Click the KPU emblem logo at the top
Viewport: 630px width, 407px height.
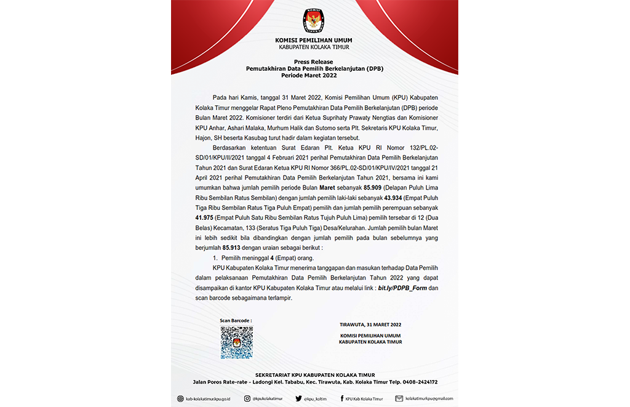(314, 21)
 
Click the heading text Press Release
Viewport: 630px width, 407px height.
(314, 62)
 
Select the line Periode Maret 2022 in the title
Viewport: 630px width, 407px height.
(314, 75)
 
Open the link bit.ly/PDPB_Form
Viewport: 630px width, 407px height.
(402, 288)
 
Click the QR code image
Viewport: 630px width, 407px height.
(237, 342)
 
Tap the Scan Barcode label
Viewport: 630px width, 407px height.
(236, 321)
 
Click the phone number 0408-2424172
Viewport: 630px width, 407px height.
(420, 382)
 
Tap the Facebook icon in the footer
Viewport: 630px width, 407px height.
(342, 398)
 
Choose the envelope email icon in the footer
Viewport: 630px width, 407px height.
(399, 398)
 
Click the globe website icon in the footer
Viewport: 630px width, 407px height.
(180, 398)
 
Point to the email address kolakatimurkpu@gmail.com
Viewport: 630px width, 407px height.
(429, 398)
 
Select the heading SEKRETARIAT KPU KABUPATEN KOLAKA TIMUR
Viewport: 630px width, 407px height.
(314, 375)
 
